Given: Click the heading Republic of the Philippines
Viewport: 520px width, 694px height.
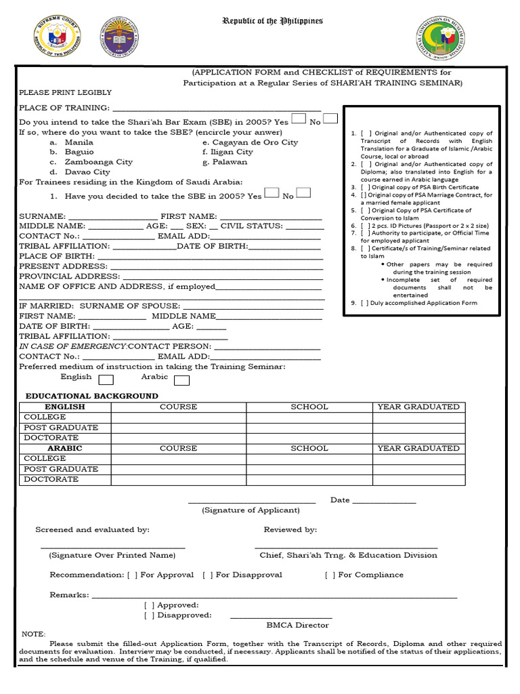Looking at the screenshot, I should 273,22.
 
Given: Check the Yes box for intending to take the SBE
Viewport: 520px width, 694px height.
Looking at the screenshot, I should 298,119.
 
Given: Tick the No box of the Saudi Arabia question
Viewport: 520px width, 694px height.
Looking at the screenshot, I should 304,192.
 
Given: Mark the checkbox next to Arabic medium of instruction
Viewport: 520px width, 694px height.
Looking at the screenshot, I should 181,380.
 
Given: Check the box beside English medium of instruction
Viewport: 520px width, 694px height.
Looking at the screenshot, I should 106,380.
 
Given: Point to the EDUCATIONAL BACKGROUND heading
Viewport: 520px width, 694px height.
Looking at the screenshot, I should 91,396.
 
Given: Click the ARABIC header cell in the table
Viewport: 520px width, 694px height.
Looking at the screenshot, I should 65,449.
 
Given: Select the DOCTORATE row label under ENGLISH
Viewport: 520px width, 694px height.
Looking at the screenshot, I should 51,438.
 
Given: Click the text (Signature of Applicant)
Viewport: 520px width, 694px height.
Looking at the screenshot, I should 251,510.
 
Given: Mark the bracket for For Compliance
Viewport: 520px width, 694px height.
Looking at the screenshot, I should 328,575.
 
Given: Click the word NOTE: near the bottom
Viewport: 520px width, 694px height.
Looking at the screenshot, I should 33,634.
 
